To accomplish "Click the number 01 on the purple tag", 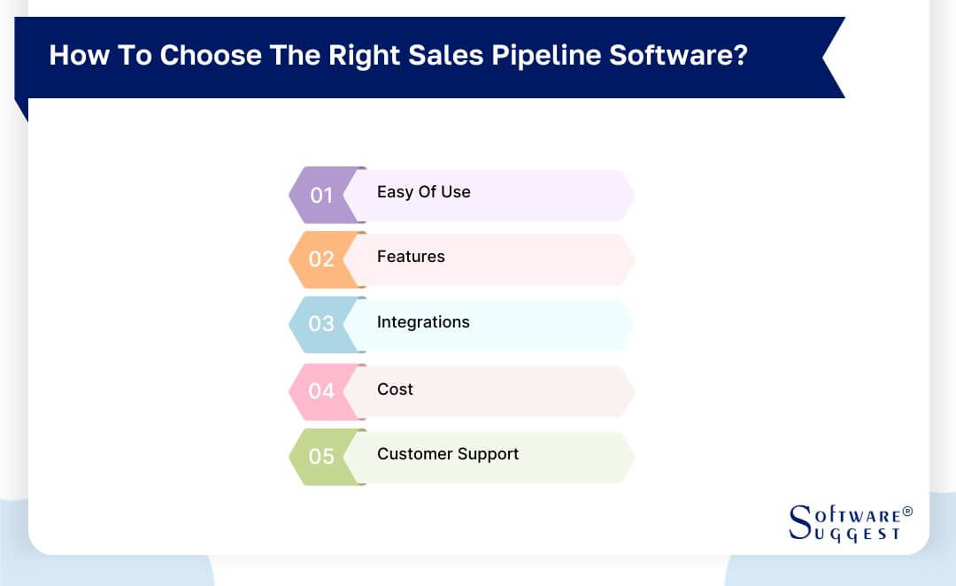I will (x=321, y=195).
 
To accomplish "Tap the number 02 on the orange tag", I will (x=321, y=259).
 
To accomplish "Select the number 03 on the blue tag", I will (x=321, y=324).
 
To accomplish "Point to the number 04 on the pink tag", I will (x=321, y=390).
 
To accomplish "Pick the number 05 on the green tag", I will (x=321, y=457).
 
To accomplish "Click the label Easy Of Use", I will (x=423, y=192).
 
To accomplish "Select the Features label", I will (x=411, y=257).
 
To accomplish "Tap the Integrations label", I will (x=423, y=322).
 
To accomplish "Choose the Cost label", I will (x=395, y=389).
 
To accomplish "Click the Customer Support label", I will (x=448, y=454).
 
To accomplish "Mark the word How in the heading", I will (x=74, y=55).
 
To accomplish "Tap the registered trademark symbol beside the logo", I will (x=906, y=513).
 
